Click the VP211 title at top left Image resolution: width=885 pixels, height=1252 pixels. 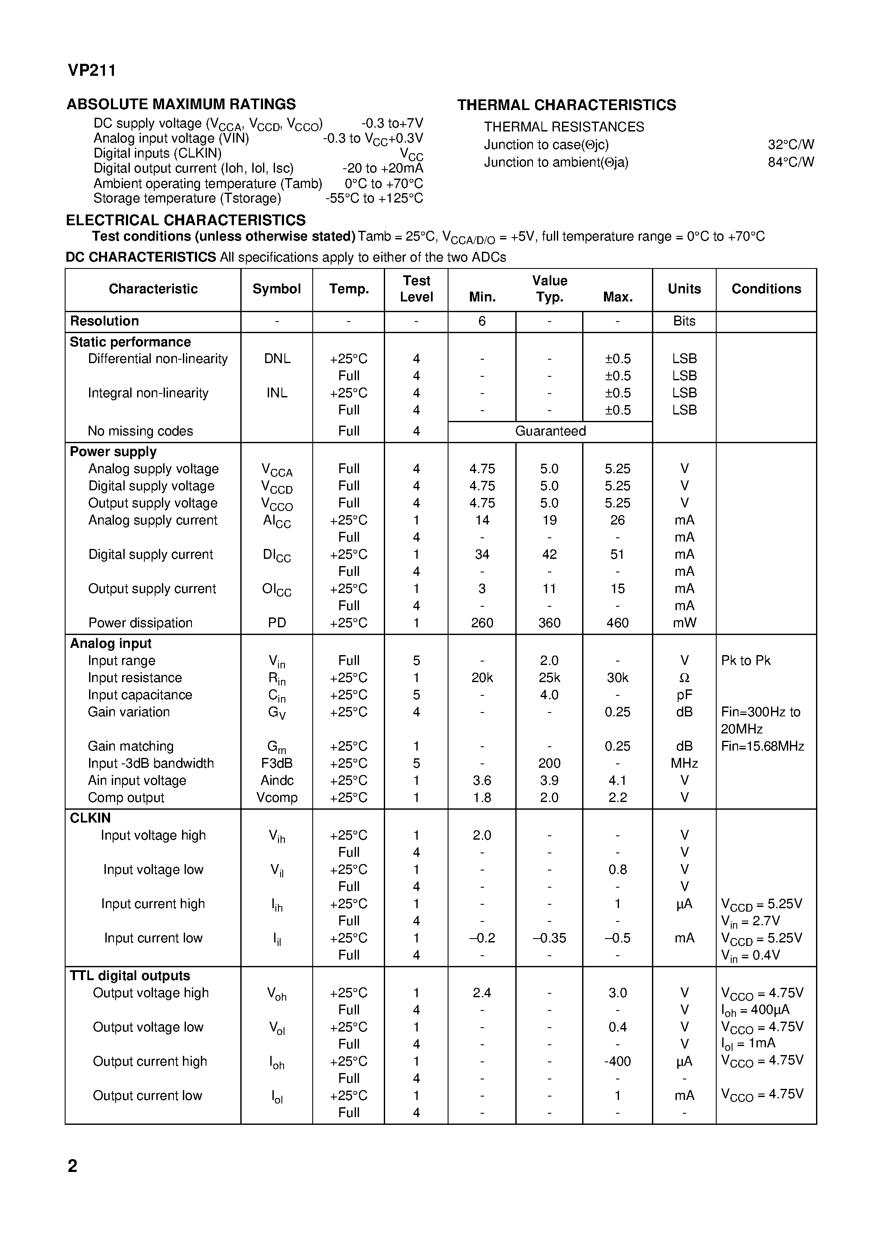[x=92, y=71]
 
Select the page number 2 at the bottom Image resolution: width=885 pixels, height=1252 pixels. [x=72, y=1166]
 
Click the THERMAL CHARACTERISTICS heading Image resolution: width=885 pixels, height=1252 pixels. [x=566, y=105]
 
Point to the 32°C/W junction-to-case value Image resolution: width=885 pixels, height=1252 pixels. [x=791, y=144]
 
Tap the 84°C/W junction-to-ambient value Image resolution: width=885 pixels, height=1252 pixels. [x=791, y=162]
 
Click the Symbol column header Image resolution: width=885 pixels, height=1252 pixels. [x=277, y=289]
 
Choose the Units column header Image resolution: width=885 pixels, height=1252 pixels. [x=684, y=289]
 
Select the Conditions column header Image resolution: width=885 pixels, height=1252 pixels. [x=766, y=289]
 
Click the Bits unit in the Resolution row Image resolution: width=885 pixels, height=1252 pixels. [x=684, y=321]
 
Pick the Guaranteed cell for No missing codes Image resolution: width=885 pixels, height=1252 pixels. [x=550, y=431]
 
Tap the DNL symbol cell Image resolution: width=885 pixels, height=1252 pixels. [x=277, y=359]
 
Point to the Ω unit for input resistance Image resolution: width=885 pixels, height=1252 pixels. [x=684, y=678]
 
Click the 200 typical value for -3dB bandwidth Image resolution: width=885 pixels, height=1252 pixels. [x=550, y=763]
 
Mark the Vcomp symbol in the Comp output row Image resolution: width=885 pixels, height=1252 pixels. [x=277, y=798]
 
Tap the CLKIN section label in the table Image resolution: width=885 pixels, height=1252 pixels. [x=90, y=818]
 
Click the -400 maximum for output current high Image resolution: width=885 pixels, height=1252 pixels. [x=617, y=1061]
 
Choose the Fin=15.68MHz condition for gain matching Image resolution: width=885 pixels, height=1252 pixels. [x=762, y=746]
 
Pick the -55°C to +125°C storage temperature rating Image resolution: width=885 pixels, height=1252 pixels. [x=374, y=199]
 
